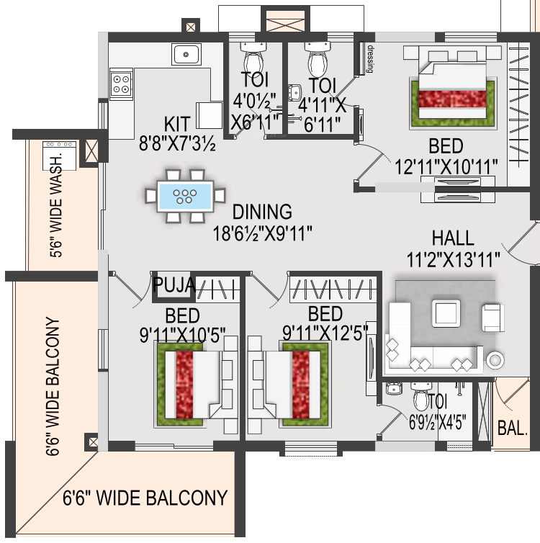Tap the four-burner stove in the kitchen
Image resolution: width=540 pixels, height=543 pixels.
point(120,84)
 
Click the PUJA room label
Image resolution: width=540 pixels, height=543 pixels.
point(174,285)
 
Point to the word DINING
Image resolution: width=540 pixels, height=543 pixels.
point(262,212)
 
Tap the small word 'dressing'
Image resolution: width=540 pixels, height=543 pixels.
point(370,60)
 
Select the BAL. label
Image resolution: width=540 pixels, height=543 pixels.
point(513,428)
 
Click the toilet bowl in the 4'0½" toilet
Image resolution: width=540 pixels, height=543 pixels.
point(253,59)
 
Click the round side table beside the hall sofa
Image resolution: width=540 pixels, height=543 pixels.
point(495,359)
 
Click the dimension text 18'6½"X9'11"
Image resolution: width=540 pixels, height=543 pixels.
point(262,234)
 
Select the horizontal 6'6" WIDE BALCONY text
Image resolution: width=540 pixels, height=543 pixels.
point(145,498)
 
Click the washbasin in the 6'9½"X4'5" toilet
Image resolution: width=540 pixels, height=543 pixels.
point(392,390)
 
